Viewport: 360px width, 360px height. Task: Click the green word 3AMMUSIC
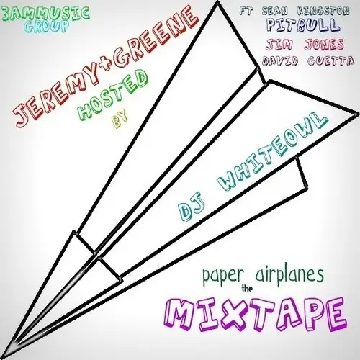[x=45, y=14]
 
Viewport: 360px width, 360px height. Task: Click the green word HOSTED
[x=113, y=96]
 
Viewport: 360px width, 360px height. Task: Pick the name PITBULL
[x=303, y=26]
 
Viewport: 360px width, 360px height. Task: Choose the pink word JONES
[x=324, y=44]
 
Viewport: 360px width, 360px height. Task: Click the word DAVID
[x=280, y=60]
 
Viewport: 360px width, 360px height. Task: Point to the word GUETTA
[x=330, y=60]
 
